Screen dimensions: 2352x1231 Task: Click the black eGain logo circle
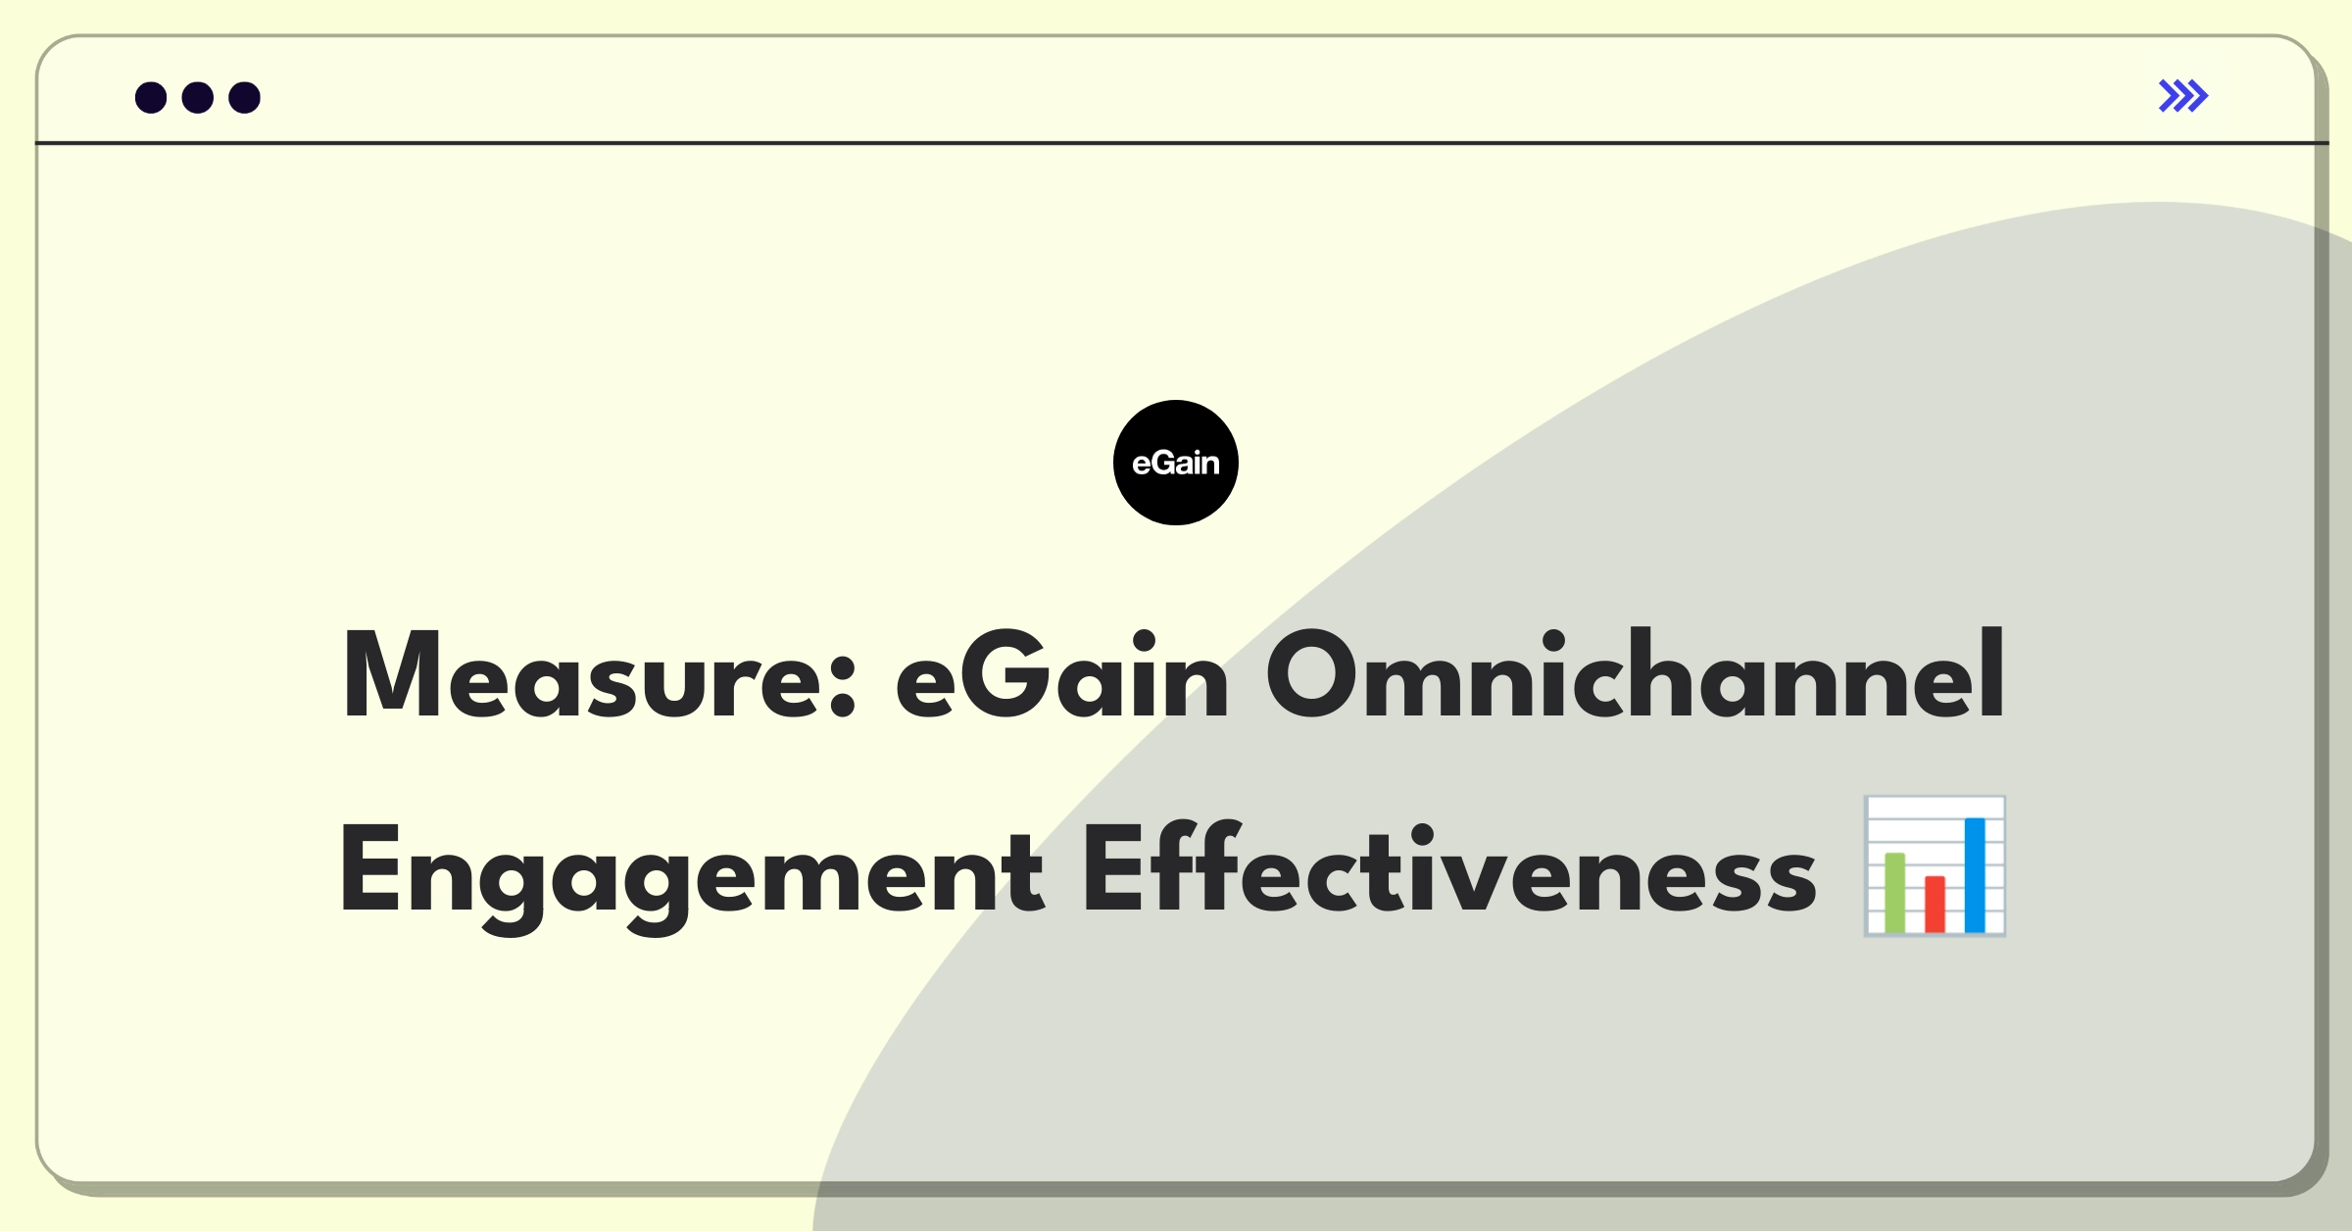tap(1176, 463)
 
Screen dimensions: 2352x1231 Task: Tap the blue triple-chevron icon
tap(2183, 96)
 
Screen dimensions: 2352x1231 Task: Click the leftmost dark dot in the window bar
tap(151, 97)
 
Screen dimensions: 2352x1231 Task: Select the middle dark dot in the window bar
tap(198, 97)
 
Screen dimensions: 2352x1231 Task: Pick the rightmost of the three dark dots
tap(245, 97)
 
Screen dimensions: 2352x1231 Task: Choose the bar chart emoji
tap(1935, 866)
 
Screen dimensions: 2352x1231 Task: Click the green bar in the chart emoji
tap(1895, 893)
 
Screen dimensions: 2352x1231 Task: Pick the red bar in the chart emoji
tap(1935, 905)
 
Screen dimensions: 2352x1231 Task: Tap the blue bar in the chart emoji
tap(1975, 875)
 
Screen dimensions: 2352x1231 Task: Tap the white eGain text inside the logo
tap(1176, 464)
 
